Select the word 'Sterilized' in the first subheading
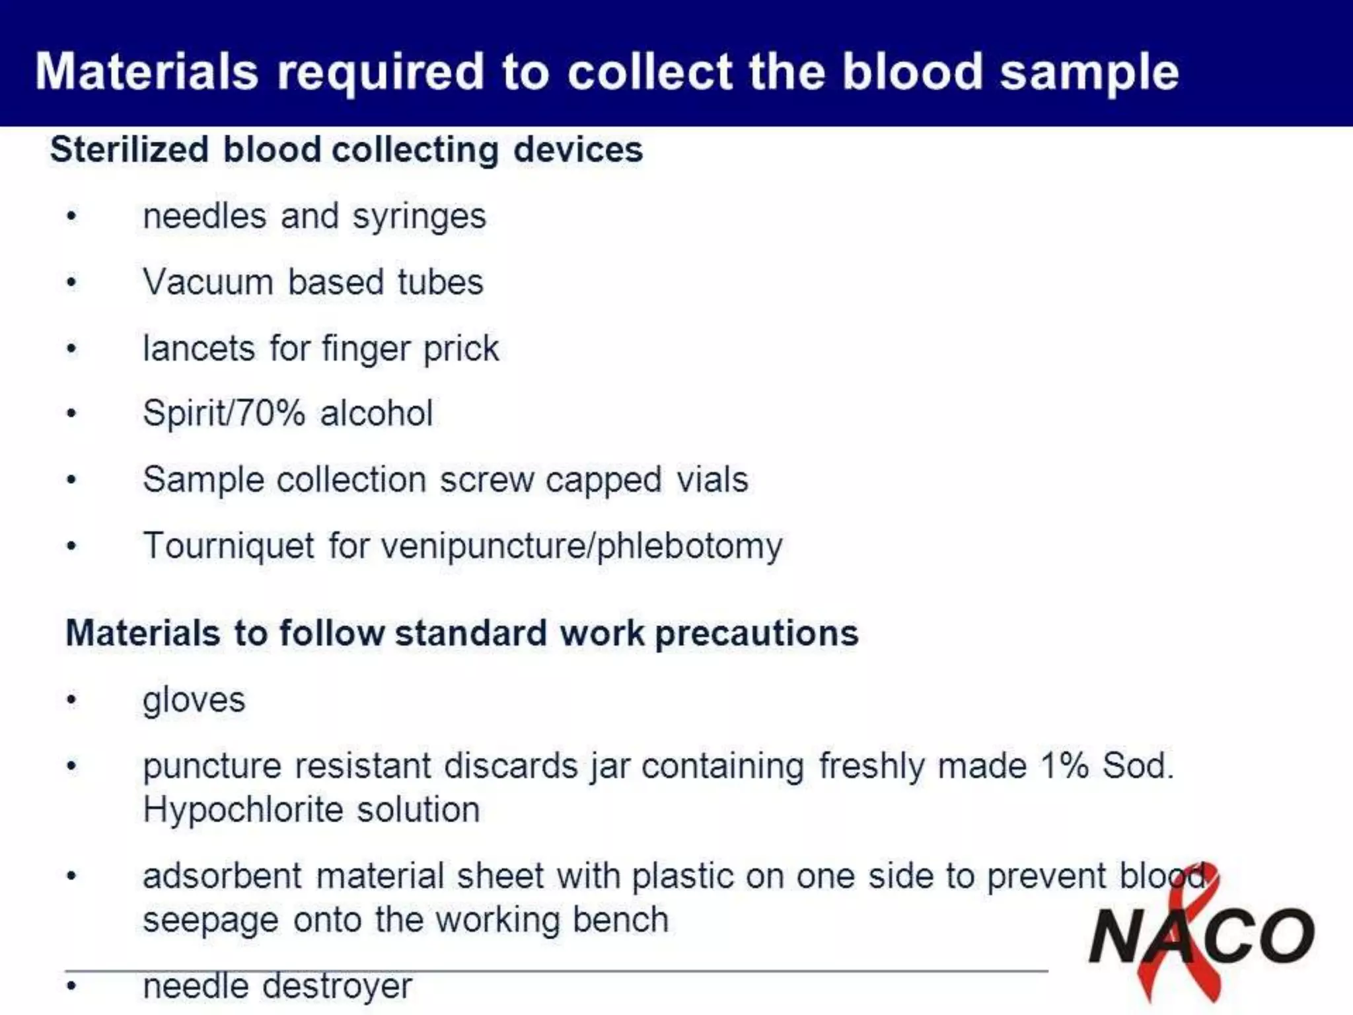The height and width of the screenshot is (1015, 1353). click(x=129, y=149)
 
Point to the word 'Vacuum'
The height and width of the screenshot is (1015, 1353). click(x=208, y=282)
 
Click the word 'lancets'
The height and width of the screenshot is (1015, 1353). click(x=199, y=348)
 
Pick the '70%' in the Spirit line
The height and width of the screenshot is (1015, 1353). click(x=270, y=414)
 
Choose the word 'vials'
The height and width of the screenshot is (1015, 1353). click(x=712, y=480)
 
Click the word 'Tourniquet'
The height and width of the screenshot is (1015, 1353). click(x=229, y=546)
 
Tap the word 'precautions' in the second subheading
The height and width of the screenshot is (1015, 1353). click(x=756, y=633)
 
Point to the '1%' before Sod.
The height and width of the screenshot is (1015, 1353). click(x=1064, y=767)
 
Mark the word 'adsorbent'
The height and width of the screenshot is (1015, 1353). click(x=223, y=876)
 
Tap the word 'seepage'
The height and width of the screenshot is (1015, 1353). click(x=211, y=921)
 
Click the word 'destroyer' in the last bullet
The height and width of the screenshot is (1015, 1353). click(x=337, y=987)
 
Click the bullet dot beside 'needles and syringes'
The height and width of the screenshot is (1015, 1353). click(x=72, y=217)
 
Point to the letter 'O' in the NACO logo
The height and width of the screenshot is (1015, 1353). click(x=1288, y=935)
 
